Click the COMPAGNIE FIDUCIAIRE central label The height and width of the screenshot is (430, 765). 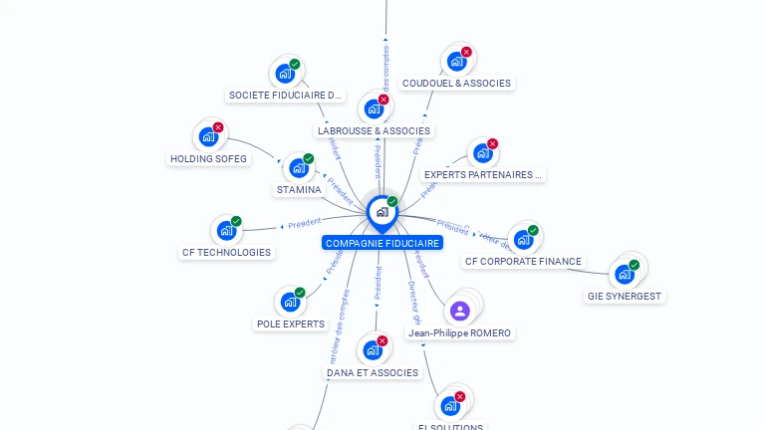coord(382,243)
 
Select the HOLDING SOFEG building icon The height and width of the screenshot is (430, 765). coord(208,136)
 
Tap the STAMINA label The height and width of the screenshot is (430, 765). coord(299,189)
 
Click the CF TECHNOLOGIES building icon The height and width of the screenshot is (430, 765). coord(226,231)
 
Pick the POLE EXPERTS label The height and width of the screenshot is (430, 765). coord(291,323)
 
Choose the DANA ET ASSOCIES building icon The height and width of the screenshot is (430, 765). coord(373,350)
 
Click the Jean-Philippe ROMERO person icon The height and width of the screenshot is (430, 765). coord(459,310)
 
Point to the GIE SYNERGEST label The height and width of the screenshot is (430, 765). coord(625,296)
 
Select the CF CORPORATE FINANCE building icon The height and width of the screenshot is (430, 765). coord(523,240)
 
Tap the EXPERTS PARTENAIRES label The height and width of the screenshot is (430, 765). coord(484,174)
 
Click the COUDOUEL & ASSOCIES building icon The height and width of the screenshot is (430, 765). coord(456,62)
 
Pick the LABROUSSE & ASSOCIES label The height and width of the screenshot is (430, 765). coord(375,130)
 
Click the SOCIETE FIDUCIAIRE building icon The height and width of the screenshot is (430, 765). coord(285,74)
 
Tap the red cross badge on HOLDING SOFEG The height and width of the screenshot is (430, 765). coord(218,127)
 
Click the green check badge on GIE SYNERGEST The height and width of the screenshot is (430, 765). coord(634,266)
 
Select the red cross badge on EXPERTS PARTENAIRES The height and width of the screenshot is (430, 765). coord(492,144)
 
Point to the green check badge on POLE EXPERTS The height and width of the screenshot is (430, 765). coord(300,293)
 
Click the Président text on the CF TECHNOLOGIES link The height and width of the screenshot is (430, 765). coord(305,224)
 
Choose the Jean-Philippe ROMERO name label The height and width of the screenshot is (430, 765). coord(460,332)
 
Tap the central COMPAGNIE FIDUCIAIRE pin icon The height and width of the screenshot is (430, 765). coord(382,212)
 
